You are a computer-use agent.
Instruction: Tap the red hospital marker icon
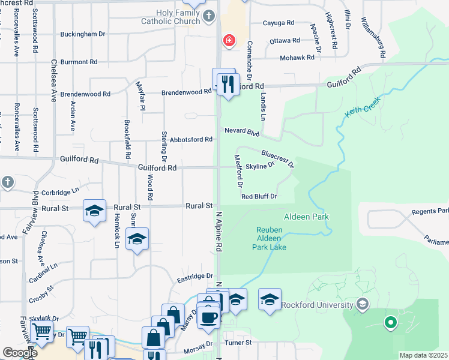pos(229,41)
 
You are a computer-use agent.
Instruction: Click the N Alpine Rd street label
pos(219,228)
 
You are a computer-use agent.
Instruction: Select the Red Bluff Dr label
pos(259,196)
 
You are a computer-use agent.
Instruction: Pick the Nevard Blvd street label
pos(242,131)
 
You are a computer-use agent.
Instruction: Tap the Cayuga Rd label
pos(279,23)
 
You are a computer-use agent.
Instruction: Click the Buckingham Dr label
pos(86,34)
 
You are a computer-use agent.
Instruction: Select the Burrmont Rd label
pos(78,62)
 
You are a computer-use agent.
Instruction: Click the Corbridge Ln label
pos(61,193)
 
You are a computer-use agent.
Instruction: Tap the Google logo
pos(20,353)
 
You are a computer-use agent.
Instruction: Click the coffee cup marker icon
pos(208,317)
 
